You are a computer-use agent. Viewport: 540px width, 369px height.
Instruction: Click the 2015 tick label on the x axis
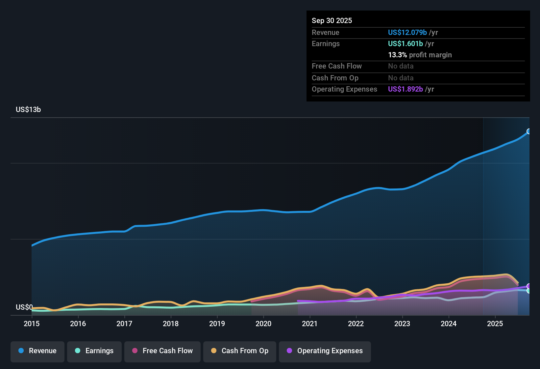pos(32,324)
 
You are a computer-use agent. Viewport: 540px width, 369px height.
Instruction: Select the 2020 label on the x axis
pos(263,324)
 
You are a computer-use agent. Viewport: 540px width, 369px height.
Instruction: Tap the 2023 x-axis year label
pos(402,324)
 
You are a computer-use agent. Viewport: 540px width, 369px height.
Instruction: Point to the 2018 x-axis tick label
pos(171,324)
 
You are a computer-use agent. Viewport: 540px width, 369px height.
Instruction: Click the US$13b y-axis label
pos(28,110)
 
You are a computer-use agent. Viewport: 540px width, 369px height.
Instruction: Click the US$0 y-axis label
pos(24,307)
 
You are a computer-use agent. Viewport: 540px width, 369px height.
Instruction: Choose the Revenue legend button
pos(37,351)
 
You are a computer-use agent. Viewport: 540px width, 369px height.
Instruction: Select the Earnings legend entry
pos(94,351)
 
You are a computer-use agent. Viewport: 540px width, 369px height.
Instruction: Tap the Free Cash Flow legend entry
pos(162,351)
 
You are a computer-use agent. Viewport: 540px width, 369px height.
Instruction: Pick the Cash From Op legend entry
pos(240,351)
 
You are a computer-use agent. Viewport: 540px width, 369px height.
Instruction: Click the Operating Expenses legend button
pos(325,351)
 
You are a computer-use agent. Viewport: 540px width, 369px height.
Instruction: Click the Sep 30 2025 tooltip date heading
pos(332,20)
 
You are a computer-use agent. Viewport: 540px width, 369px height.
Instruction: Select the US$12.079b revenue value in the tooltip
pos(407,32)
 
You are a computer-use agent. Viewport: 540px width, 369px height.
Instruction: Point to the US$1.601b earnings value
pos(405,43)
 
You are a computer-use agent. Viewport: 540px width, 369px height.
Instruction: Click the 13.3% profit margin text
pos(420,55)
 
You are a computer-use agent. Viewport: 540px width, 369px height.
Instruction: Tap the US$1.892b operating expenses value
pos(405,89)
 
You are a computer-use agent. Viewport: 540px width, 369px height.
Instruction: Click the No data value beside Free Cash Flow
pos(401,66)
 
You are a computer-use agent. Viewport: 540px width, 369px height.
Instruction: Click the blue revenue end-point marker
pos(529,131)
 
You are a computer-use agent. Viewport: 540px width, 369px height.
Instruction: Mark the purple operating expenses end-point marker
pos(529,286)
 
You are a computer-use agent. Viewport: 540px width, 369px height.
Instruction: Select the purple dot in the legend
pos(289,351)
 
